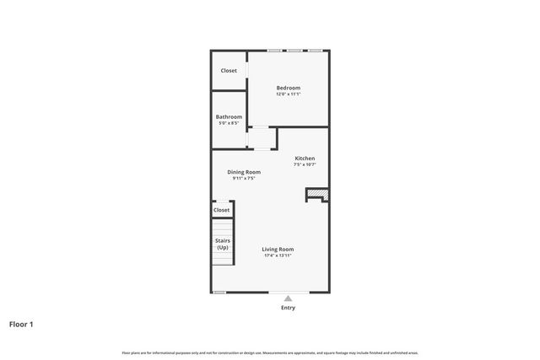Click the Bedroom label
coord(288,88)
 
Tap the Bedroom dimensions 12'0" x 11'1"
coord(288,94)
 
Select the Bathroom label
coord(229,116)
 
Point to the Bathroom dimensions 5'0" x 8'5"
coord(229,123)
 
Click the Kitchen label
coord(305,159)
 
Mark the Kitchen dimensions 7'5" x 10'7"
coord(305,164)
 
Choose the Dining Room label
coord(244,172)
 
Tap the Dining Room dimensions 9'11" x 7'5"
coord(244,178)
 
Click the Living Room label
coord(278,249)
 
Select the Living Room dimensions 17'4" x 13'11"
coord(278,255)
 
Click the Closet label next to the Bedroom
coord(229,71)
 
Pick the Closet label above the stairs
coord(222,210)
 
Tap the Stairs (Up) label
coord(222,244)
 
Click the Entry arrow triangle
coord(289,298)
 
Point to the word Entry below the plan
coord(289,308)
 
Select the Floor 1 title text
coord(21,324)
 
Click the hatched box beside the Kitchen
coord(316,196)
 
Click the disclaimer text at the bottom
coord(270,352)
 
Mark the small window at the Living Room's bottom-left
coord(219,293)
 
